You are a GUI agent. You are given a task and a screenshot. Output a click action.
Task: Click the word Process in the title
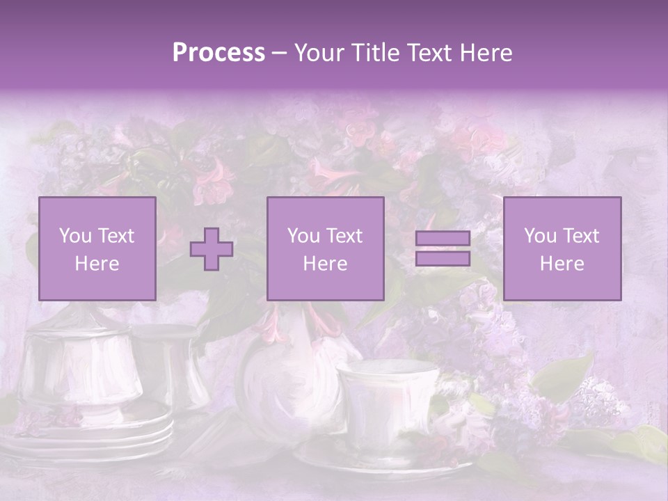pos(218,53)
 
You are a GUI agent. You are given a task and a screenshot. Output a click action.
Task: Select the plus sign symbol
pos(212,249)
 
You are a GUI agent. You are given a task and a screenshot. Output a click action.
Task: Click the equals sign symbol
pos(443,248)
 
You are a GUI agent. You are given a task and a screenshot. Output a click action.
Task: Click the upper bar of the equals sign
pos(443,239)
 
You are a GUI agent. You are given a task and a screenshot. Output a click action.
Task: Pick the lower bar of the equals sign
pos(443,258)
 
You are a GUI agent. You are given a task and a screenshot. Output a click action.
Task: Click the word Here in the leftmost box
pos(97,264)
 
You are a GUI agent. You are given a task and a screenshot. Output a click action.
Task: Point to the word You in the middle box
pos(303,236)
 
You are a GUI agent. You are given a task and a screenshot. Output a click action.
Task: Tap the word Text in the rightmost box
pos(580,236)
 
